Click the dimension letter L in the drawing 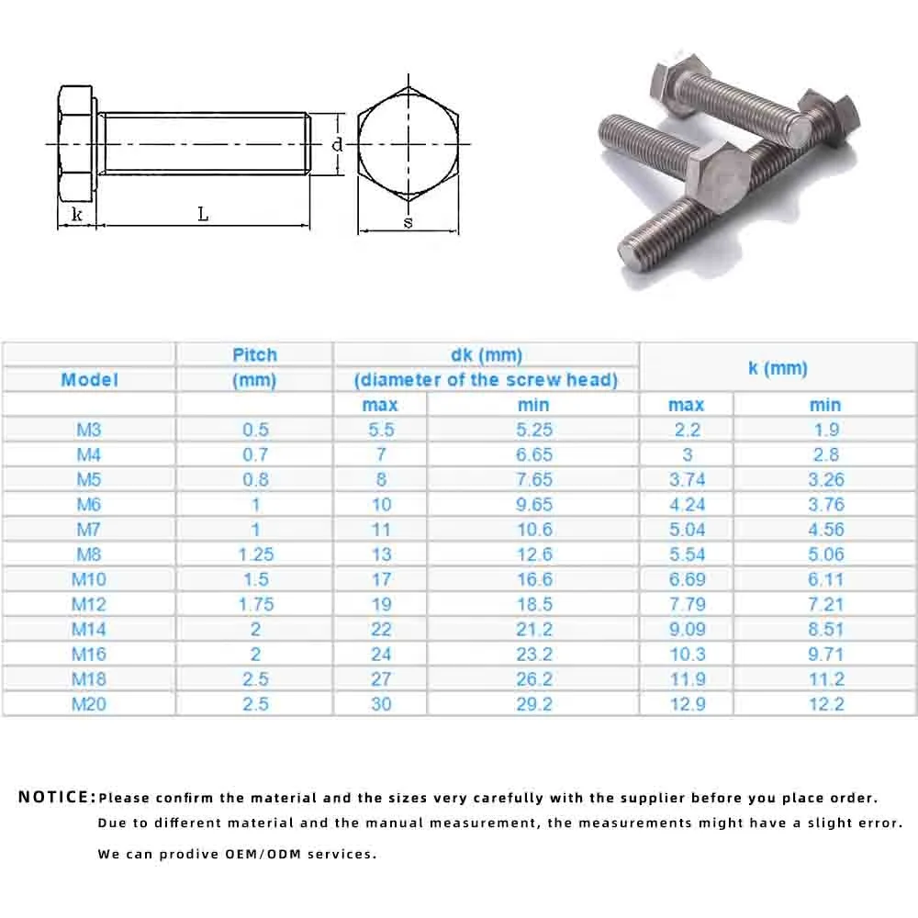203,214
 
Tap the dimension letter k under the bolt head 78,214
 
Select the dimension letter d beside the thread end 337,144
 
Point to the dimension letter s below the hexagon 408,222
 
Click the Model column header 89,379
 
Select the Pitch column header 254,355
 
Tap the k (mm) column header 777,368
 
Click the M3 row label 89,430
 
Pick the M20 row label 89,704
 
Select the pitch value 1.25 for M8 255,554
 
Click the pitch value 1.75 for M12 255,604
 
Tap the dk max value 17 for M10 381,579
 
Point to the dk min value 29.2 533,704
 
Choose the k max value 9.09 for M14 687,629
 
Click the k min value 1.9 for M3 824,430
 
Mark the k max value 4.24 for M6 687,504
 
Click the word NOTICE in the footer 56,797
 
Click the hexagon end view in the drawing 407,144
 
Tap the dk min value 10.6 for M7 533,530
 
